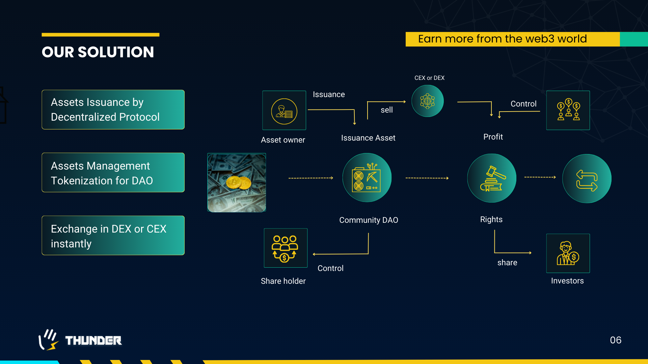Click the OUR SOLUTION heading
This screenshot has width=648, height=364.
tap(98, 52)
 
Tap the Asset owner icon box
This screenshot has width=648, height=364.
tap(284, 111)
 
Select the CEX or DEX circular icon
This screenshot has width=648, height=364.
tap(428, 101)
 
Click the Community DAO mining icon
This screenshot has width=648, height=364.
tap(367, 178)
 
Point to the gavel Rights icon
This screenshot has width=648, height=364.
tap(492, 178)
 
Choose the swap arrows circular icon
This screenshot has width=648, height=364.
tap(587, 179)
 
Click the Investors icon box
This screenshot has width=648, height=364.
tap(568, 253)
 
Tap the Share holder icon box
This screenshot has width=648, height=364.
tap(286, 248)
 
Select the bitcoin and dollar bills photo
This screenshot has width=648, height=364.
tap(237, 183)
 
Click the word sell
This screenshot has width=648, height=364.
tap(387, 110)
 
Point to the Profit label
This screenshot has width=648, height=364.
tap(493, 137)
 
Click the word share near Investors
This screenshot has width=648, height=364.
tap(507, 263)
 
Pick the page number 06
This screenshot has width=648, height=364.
tap(616, 340)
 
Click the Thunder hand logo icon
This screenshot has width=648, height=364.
tap(48, 340)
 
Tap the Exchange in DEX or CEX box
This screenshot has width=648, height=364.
tap(113, 236)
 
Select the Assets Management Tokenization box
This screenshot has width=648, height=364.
tap(113, 173)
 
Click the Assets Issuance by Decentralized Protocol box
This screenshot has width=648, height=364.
tap(113, 110)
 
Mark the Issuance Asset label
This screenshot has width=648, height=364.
tap(368, 138)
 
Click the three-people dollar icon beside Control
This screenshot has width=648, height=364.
tap(568, 111)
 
